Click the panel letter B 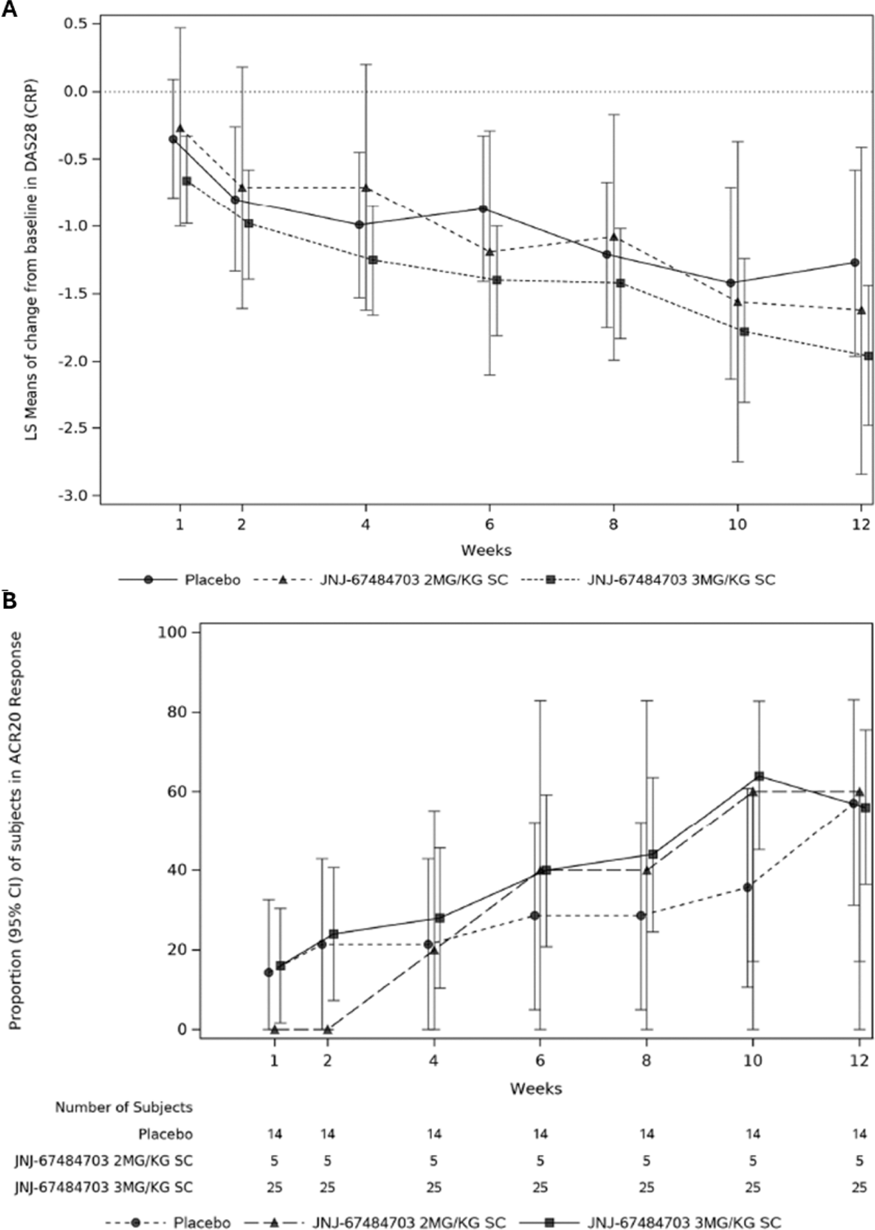point(9,601)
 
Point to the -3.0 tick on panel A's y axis point(78,495)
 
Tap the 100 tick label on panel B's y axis point(172,632)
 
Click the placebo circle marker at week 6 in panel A point(483,209)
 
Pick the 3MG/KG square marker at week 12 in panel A point(868,356)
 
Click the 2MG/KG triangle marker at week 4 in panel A point(366,188)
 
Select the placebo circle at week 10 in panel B point(747,887)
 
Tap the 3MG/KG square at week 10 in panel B point(759,776)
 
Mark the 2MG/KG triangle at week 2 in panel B point(328,1029)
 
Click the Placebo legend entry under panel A point(212,580)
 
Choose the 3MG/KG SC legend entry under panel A point(681,580)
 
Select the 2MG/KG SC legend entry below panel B point(410,1222)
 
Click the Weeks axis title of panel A point(486,550)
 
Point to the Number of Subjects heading point(124,1107)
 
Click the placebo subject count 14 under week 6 point(540,1134)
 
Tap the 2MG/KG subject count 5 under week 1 point(274,1161)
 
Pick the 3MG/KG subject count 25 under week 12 point(859,1187)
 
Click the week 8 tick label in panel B point(646,1060)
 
